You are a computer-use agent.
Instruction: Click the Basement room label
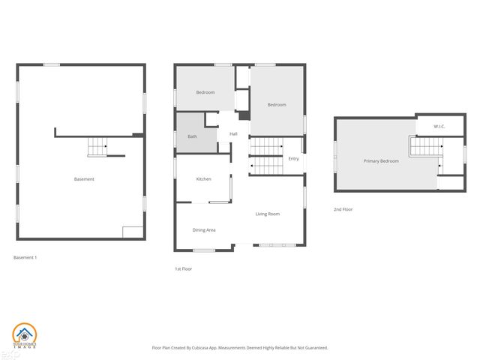[x=84, y=179]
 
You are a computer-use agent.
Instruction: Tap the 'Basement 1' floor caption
[x=25, y=257]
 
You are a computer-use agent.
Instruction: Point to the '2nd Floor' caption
[x=343, y=209]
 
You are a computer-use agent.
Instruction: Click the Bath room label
[x=192, y=137]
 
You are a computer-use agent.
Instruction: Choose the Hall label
[x=233, y=134]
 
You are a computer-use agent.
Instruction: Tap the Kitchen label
[x=203, y=179]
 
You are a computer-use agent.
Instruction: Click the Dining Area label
[x=204, y=229]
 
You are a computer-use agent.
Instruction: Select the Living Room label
[x=267, y=214]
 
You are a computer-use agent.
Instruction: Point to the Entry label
[x=293, y=158]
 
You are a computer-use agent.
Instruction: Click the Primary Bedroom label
[x=381, y=161]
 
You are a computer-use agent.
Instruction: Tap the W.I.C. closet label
[x=439, y=126]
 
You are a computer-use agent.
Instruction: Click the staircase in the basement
[x=97, y=148]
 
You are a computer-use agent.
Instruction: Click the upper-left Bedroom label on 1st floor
[x=205, y=92]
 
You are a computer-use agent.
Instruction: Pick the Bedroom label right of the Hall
[x=277, y=104]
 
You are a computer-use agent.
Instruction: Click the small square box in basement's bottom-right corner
[x=132, y=232]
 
